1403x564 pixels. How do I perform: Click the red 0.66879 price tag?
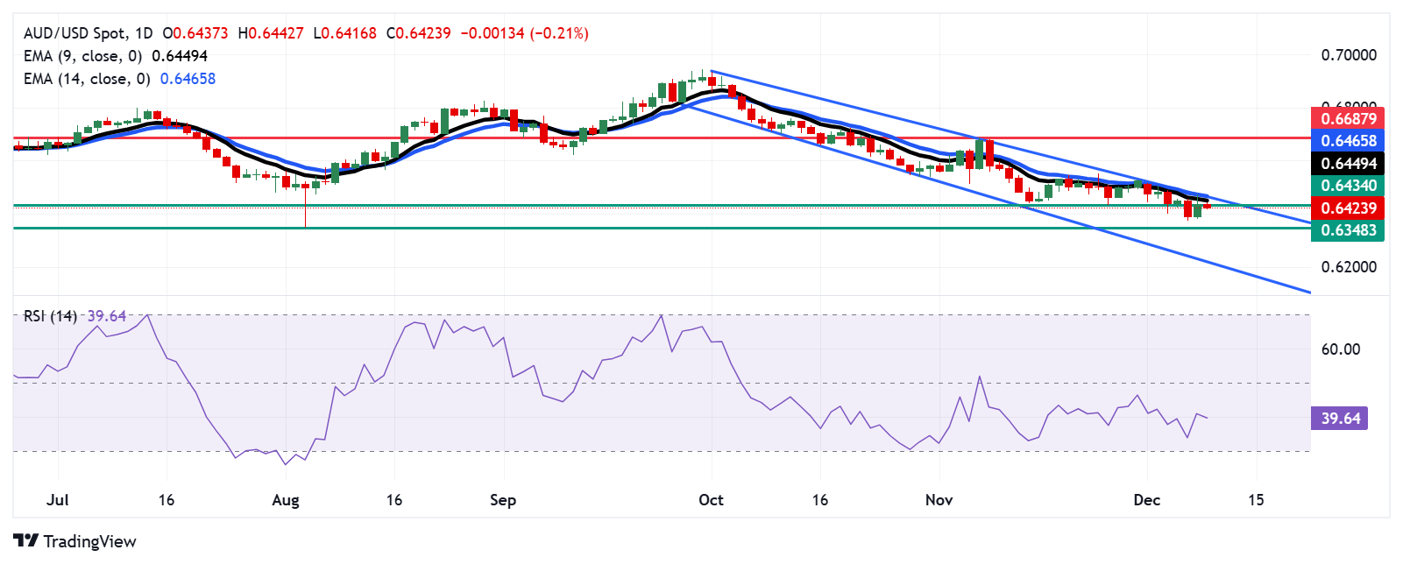tap(1347, 118)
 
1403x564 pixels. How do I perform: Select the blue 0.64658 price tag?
tap(1347, 141)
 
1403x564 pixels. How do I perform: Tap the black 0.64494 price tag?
tap(1347, 164)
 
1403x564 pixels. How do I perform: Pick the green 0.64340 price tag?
tap(1347, 186)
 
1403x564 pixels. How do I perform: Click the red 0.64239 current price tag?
tap(1347, 208)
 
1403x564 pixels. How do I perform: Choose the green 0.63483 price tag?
tap(1347, 230)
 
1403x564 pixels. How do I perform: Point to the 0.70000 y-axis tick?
tap(1349, 55)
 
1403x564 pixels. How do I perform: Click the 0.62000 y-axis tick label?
tap(1349, 267)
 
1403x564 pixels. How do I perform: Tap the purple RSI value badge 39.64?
tap(1339, 419)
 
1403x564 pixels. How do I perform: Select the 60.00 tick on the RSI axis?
tap(1340, 349)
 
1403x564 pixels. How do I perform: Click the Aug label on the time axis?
tap(286, 500)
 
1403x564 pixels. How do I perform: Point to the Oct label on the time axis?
tap(711, 500)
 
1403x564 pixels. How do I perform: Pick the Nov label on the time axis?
tap(939, 500)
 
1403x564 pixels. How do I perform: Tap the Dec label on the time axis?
tap(1146, 500)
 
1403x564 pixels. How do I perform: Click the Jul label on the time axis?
tap(57, 500)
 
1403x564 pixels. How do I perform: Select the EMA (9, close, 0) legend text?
tap(83, 56)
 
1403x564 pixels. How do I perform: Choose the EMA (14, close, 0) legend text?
tap(87, 79)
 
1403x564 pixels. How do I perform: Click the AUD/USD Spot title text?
tap(74, 33)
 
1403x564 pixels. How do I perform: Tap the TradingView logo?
tap(75, 541)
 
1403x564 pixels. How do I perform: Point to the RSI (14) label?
tap(50, 316)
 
